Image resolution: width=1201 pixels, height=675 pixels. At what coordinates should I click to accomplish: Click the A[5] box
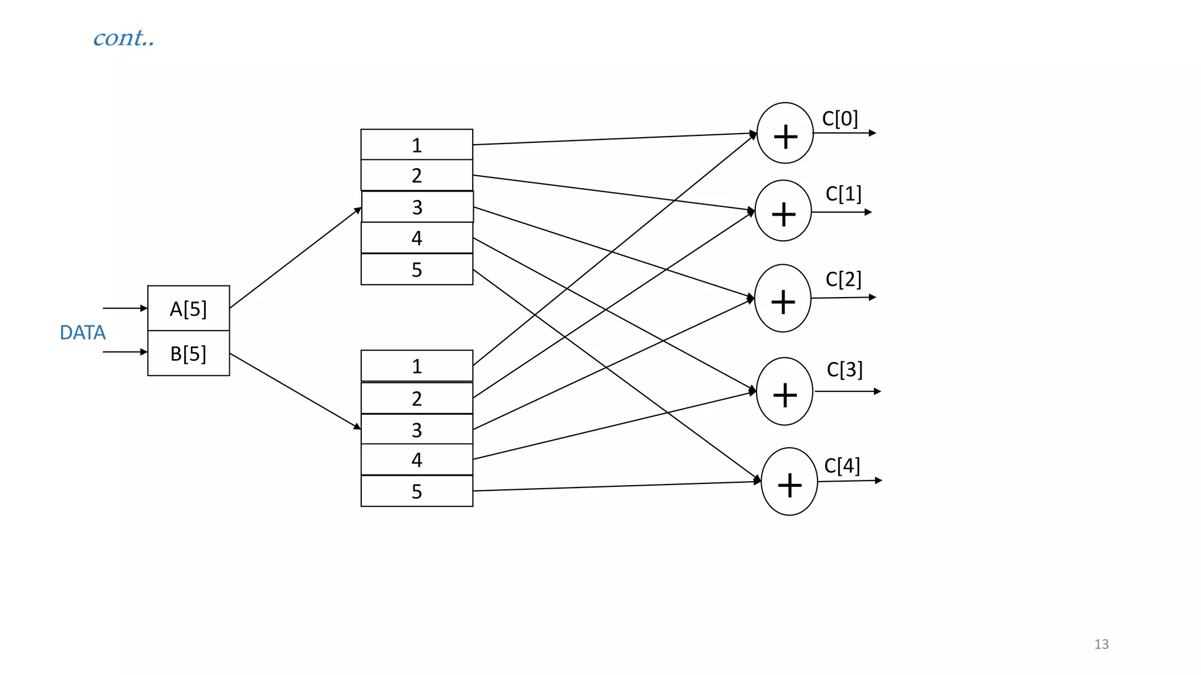click(x=188, y=308)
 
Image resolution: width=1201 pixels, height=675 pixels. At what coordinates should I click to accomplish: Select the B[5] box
click(x=188, y=353)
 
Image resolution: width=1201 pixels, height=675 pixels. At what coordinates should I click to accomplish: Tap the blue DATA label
click(x=83, y=332)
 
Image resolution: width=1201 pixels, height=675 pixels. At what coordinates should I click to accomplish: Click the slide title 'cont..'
click(x=124, y=38)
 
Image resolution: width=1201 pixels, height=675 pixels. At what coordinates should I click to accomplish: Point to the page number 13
click(x=1101, y=644)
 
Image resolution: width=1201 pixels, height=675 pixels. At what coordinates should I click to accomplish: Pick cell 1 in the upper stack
click(x=416, y=145)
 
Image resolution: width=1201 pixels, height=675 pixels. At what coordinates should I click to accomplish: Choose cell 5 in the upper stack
click(x=416, y=270)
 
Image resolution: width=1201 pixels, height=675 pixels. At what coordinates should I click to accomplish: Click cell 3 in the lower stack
click(x=416, y=429)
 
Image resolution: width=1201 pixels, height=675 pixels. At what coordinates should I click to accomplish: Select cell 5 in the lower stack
click(x=416, y=491)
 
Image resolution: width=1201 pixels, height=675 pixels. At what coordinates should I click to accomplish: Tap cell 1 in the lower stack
click(x=416, y=366)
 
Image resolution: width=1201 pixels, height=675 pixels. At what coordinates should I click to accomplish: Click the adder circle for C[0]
click(x=785, y=134)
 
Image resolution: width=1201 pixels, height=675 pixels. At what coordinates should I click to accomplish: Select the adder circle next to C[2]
click(x=783, y=298)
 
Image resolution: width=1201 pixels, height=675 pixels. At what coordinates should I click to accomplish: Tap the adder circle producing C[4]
click(x=789, y=482)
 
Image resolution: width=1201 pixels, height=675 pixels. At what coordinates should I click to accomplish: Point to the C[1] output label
click(x=843, y=194)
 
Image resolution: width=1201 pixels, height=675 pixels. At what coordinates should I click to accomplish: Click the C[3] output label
click(x=844, y=369)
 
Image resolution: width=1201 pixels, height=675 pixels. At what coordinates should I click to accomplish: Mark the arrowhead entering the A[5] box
click(x=144, y=308)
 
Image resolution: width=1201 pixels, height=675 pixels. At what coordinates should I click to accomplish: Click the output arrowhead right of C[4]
click(x=878, y=480)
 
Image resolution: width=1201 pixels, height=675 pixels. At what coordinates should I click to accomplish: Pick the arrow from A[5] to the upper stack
click(x=295, y=258)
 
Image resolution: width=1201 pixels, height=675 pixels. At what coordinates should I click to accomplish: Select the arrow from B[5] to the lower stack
click(x=295, y=391)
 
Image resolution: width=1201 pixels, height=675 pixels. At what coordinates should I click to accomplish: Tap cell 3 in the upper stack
click(x=417, y=207)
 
